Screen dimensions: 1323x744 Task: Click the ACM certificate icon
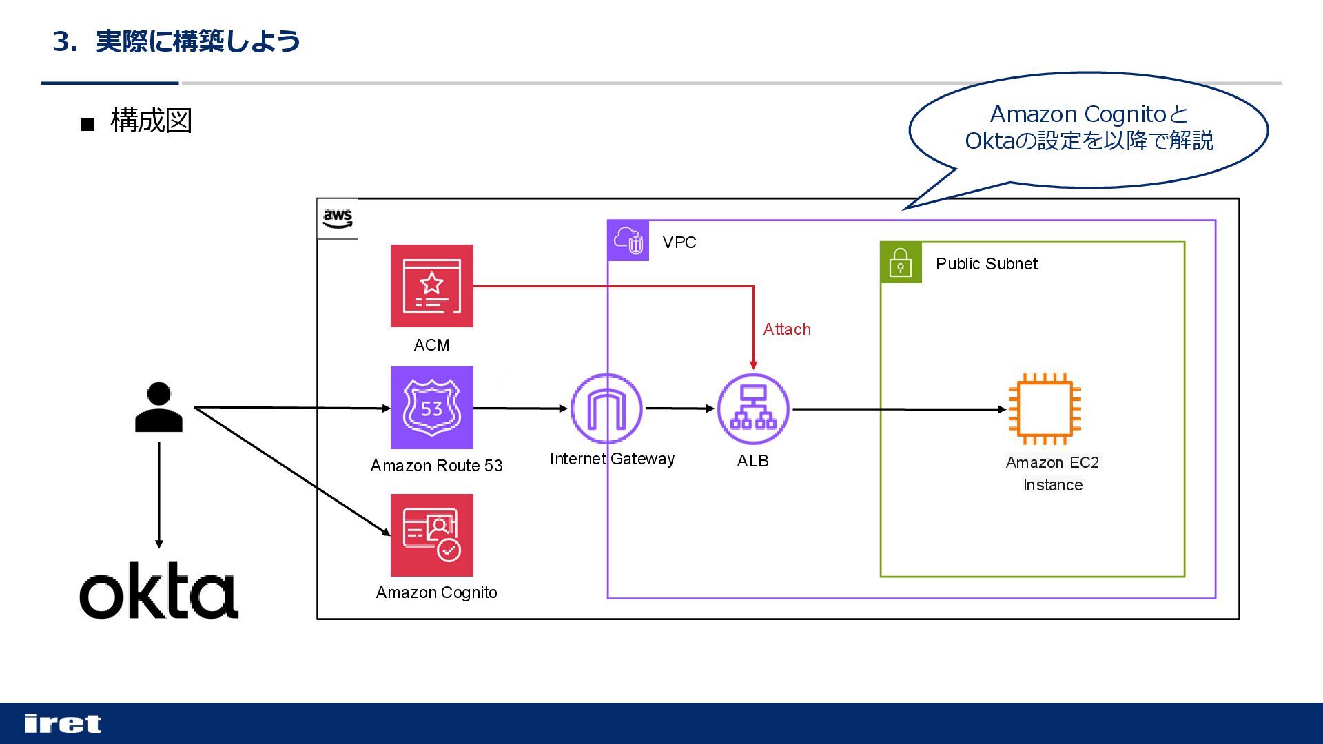432,286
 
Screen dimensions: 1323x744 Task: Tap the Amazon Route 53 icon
432,408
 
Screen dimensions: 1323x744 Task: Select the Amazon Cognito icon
432,535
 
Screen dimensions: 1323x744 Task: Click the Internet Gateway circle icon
606,409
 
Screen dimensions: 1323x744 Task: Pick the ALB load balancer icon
753,409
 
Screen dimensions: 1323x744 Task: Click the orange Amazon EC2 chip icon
1045,409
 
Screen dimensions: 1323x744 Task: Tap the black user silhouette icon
159,408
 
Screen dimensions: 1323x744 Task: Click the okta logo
159,591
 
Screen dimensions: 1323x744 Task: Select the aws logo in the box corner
338,219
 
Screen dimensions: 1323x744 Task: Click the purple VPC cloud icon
628,240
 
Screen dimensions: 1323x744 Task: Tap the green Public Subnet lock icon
901,262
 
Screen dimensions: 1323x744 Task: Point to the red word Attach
787,329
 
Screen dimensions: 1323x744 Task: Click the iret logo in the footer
63,723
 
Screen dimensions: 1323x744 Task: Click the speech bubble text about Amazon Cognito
1089,127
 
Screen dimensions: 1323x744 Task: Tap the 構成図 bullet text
151,121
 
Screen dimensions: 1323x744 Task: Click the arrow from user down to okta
159,495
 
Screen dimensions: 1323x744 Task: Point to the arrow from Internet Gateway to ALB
681,409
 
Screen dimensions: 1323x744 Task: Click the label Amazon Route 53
437,466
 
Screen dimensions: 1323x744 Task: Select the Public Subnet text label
987,264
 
